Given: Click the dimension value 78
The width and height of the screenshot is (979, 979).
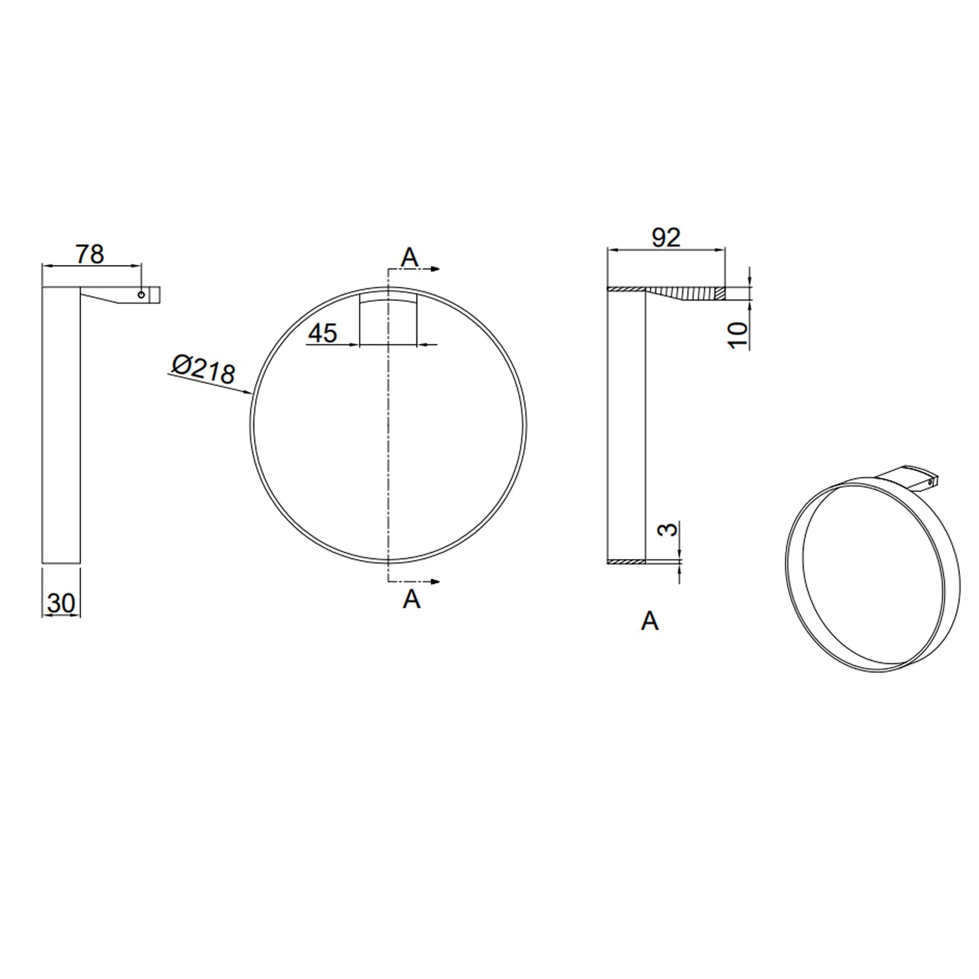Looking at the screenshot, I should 90,254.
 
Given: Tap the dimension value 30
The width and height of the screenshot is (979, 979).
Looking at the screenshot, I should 61,603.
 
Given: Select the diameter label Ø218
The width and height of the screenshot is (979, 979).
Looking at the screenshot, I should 203,370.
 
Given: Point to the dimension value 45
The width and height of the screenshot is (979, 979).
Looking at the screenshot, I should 322,333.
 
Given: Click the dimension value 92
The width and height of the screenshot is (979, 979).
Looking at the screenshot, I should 666,237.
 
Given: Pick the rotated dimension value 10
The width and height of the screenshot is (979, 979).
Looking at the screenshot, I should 739,335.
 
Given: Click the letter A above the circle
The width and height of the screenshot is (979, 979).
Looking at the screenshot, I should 409,258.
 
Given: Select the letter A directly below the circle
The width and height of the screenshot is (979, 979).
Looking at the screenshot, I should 411,600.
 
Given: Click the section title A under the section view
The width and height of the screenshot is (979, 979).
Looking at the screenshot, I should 649,622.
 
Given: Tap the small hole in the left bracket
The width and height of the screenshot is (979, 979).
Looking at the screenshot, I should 141,295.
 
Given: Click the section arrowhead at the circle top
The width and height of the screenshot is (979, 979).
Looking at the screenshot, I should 436,269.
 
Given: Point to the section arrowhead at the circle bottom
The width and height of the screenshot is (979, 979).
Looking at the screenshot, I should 436,581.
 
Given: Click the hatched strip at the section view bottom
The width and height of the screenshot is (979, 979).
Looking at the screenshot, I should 626,560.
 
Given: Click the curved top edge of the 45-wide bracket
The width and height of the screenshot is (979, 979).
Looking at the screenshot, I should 388,298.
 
